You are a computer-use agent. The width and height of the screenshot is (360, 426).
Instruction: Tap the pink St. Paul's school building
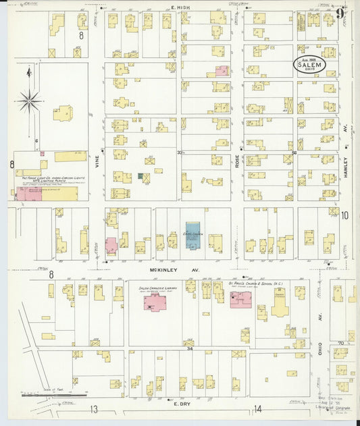pos(240,299)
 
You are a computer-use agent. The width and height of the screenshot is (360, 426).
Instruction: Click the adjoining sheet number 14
pos(257,409)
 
